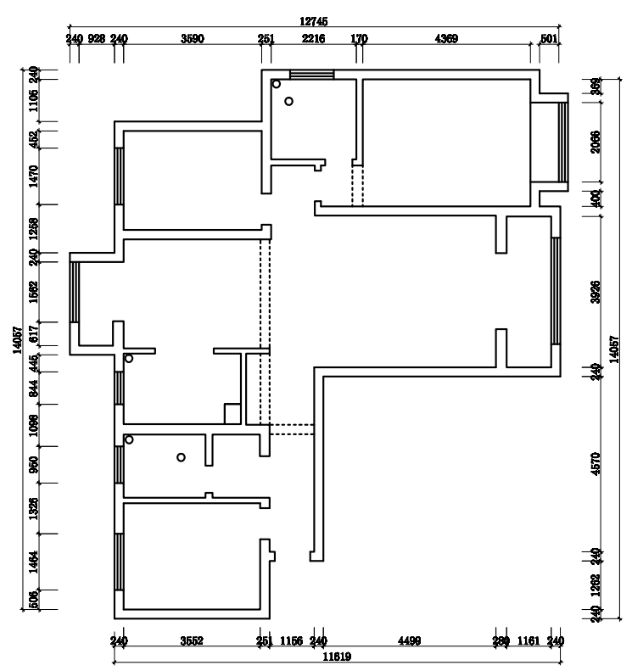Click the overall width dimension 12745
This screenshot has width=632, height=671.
pyautogui.click(x=314, y=20)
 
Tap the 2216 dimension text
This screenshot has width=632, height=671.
pyautogui.click(x=313, y=38)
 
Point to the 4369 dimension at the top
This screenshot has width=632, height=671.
pyautogui.click(x=446, y=38)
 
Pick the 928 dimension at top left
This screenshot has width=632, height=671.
pyautogui.click(x=97, y=38)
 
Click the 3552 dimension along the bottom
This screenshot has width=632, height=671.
pyautogui.click(x=192, y=641)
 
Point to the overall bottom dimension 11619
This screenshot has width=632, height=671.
pyautogui.click(x=336, y=656)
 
